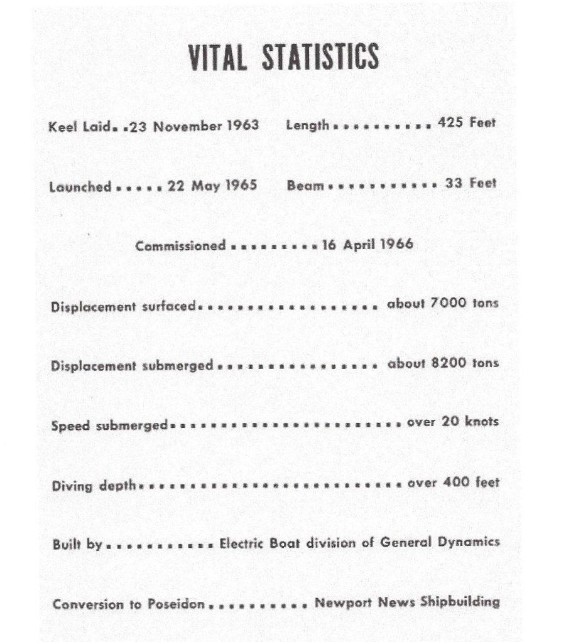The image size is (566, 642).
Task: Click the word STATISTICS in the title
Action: pos(320,57)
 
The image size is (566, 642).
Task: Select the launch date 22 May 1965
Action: pos(212,186)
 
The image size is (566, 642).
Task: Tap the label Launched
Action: pos(80,187)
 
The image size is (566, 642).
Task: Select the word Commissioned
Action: pos(180,245)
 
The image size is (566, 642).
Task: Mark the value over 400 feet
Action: pos(453,483)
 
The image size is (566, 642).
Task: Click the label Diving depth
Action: pos(94,485)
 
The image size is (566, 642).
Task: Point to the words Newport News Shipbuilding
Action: pos(407,603)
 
